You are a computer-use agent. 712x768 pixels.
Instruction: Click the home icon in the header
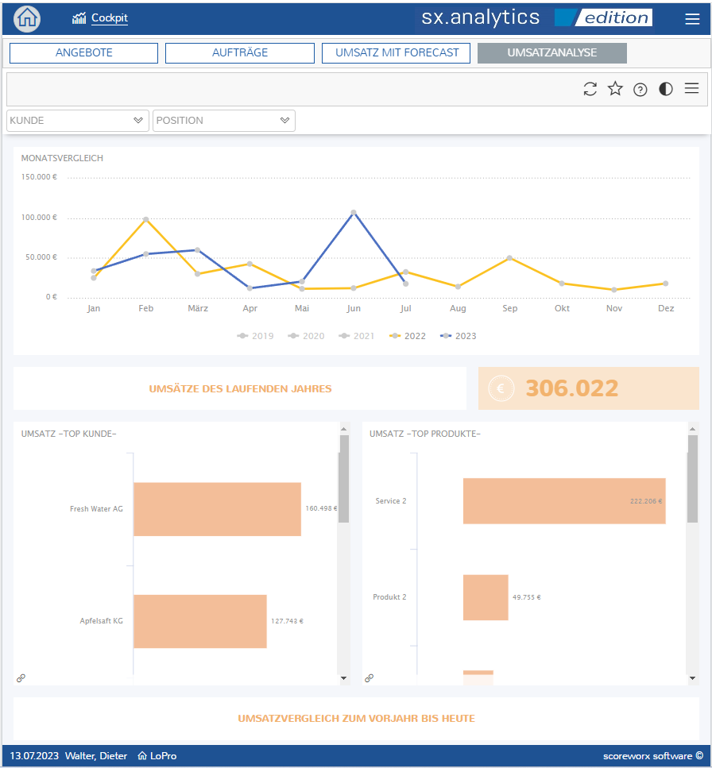tap(27, 18)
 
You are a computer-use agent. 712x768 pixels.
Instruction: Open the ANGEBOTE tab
tap(83, 53)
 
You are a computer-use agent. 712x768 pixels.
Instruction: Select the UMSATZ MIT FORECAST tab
tap(396, 53)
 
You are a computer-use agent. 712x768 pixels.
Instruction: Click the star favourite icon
tap(615, 89)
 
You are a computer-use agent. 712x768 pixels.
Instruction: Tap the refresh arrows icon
tap(590, 89)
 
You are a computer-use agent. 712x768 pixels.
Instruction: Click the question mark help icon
tap(640, 89)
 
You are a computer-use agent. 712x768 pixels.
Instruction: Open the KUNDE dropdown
tap(77, 121)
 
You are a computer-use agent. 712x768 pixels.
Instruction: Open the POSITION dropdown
tap(224, 121)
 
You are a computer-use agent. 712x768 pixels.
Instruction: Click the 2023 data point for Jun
tap(354, 213)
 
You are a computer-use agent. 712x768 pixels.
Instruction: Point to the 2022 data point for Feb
tap(146, 219)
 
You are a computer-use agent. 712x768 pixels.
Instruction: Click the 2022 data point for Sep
tap(509, 257)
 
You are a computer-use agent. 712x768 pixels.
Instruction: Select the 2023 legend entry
tap(459, 336)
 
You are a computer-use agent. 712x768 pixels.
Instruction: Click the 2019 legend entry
tap(255, 336)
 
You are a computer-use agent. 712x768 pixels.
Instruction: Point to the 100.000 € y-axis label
tap(39, 218)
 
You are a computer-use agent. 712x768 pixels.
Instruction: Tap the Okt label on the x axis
tap(562, 309)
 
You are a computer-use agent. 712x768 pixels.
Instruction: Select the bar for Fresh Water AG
tap(217, 509)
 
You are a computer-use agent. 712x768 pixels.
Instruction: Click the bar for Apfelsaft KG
tap(200, 621)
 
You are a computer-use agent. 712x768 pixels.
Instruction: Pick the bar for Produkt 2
tap(486, 597)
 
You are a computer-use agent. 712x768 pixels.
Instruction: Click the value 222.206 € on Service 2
tap(646, 501)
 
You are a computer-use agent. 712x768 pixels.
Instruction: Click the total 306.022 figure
tap(572, 388)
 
